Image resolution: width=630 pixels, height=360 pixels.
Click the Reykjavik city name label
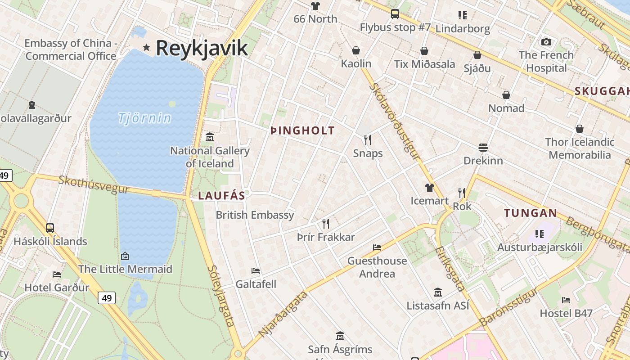click(x=202, y=48)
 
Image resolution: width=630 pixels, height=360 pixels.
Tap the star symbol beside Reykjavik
click(x=146, y=47)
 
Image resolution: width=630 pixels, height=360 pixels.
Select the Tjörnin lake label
click(x=144, y=118)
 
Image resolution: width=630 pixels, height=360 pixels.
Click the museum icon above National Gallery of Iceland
click(x=210, y=137)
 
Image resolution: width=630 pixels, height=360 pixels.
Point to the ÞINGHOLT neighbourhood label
click(x=302, y=131)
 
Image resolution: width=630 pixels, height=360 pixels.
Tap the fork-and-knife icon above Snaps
click(x=368, y=139)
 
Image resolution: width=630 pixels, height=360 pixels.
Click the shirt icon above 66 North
click(x=315, y=6)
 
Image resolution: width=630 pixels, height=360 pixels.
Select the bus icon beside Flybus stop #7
click(x=395, y=14)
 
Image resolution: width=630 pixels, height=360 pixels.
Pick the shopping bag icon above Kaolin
click(x=356, y=50)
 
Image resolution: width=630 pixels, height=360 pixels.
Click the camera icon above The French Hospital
click(x=546, y=42)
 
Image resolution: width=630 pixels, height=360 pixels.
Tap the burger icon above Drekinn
click(x=483, y=147)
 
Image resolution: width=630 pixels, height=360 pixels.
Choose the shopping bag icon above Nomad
click(x=506, y=95)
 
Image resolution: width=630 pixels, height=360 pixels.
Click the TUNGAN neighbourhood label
click(x=531, y=213)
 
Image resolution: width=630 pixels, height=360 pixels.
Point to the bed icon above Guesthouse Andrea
click(x=377, y=247)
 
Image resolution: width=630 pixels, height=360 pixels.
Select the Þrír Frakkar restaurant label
click(x=326, y=237)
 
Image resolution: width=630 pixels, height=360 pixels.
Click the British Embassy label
click(x=255, y=215)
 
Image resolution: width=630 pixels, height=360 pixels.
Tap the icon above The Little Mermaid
click(x=125, y=256)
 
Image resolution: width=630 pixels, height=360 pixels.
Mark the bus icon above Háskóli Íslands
click(x=50, y=228)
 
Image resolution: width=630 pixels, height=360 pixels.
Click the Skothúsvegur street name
click(x=94, y=184)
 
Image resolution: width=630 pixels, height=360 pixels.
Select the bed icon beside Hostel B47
click(x=566, y=300)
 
